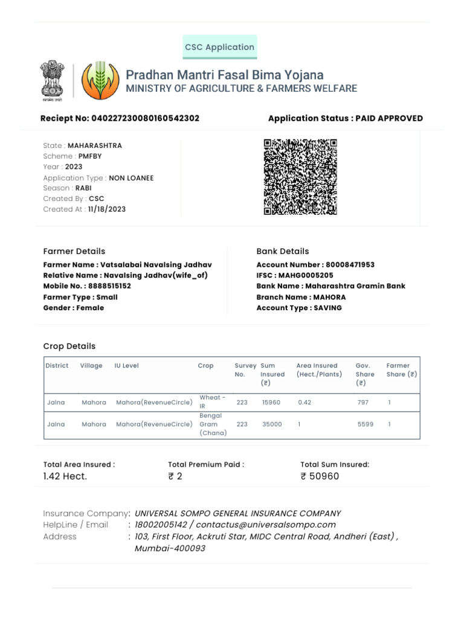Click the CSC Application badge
tap(220, 47)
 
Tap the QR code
tap(300, 177)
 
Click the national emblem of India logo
tap(52, 80)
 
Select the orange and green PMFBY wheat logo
tap(97, 80)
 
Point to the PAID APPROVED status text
tap(389, 118)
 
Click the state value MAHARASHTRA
tap(95, 145)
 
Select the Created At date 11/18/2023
tap(107, 209)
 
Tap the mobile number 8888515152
tap(109, 286)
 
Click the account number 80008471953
tap(350, 264)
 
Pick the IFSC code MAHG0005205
tap(306, 275)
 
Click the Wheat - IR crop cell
tap(213, 402)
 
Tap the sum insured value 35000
tap(272, 424)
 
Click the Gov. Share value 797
tap(362, 403)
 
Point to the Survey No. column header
tap(240, 370)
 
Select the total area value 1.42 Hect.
tap(65, 476)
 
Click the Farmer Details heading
tap(74, 251)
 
